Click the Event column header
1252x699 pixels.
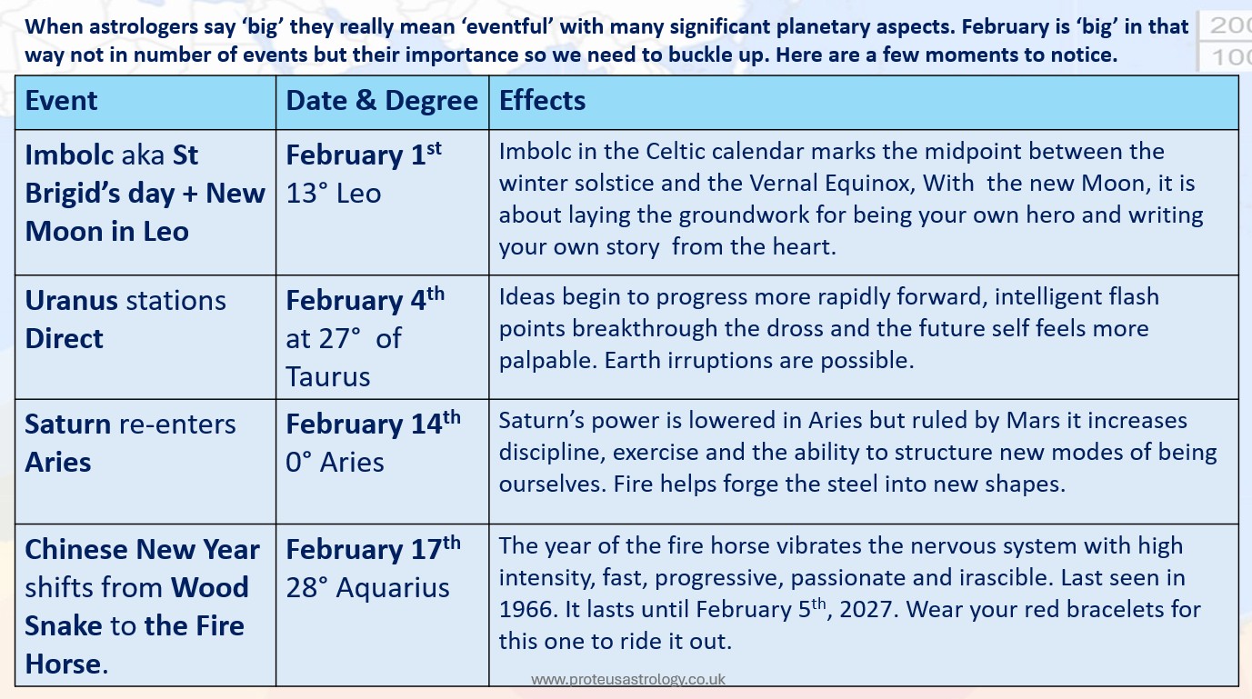62,101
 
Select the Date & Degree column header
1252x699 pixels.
382,101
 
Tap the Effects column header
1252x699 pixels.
543,101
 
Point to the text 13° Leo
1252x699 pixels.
333,193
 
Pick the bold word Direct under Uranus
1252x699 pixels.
64,339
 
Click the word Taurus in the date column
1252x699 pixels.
328,376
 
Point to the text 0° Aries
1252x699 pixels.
335,462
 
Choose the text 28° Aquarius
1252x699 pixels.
367,587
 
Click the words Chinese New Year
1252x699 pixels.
143,550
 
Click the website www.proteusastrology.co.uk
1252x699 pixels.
628,679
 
